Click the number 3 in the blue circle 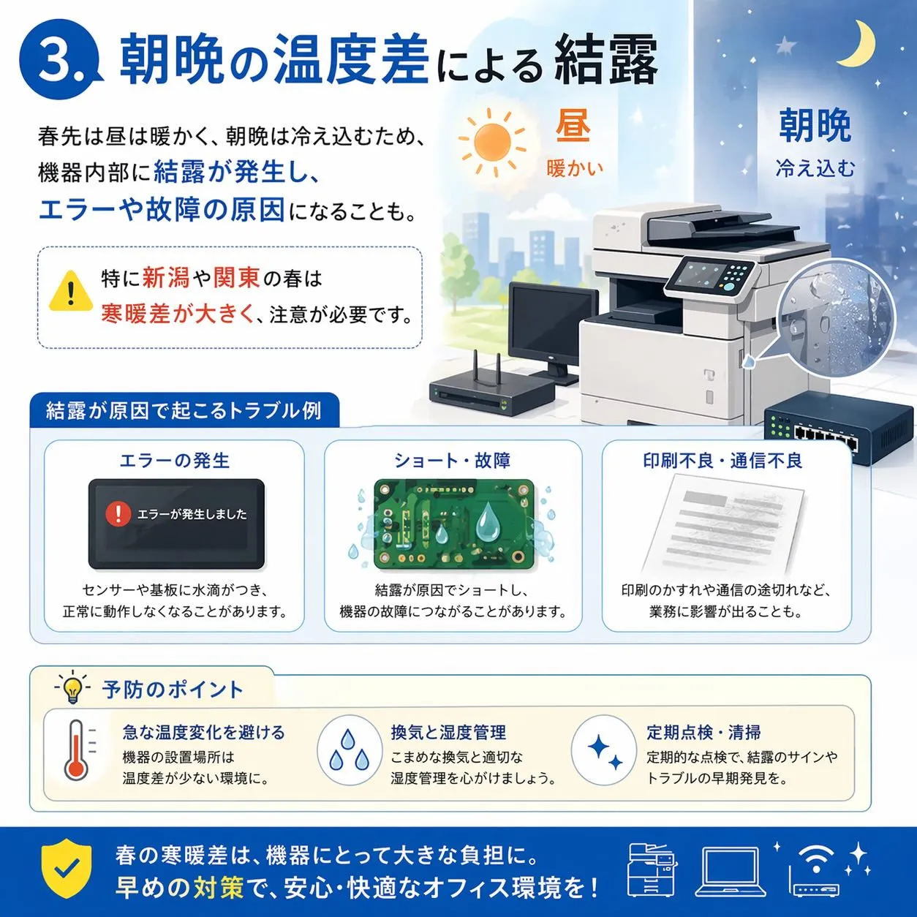[56, 59]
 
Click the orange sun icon [492, 142]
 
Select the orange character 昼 [573, 126]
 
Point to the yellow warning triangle [71, 291]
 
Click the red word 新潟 [166, 277]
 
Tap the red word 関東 [236, 277]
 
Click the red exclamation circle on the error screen [118, 514]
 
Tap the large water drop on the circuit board [488, 522]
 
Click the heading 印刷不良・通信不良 [722, 460]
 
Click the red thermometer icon [76, 750]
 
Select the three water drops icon [350, 750]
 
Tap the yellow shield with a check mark [67, 867]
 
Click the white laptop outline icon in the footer [731, 872]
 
